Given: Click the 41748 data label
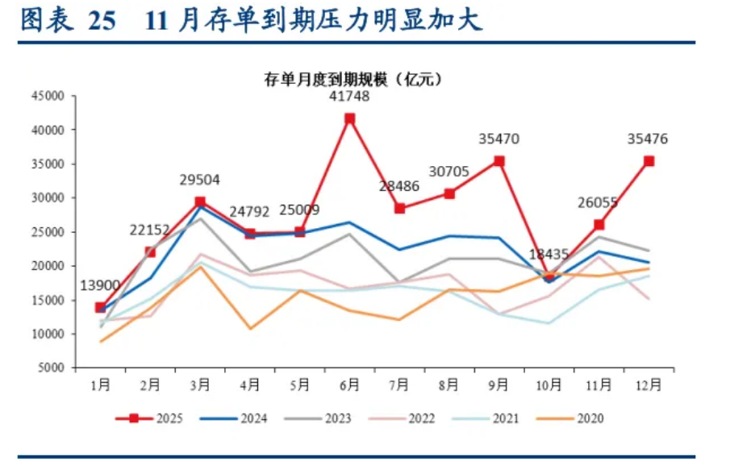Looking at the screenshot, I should pyautogui.click(x=349, y=97).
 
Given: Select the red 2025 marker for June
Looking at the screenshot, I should pyautogui.click(x=349, y=118).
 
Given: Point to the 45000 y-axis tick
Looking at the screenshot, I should pyautogui.click(x=48, y=96).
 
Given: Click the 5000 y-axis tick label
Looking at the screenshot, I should pyautogui.click(x=51, y=368).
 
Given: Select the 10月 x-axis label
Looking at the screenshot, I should pyautogui.click(x=549, y=386).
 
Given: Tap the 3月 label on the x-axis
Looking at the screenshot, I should pyautogui.click(x=200, y=386).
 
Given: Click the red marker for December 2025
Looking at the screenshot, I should pyautogui.click(x=649, y=161).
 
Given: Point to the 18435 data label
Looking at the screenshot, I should pyautogui.click(x=549, y=255).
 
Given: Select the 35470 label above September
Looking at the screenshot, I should pyautogui.click(x=499, y=139).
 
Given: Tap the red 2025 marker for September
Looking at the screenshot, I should pyautogui.click(x=499, y=161).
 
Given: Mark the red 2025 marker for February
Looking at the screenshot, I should pyautogui.click(x=150, y=252).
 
